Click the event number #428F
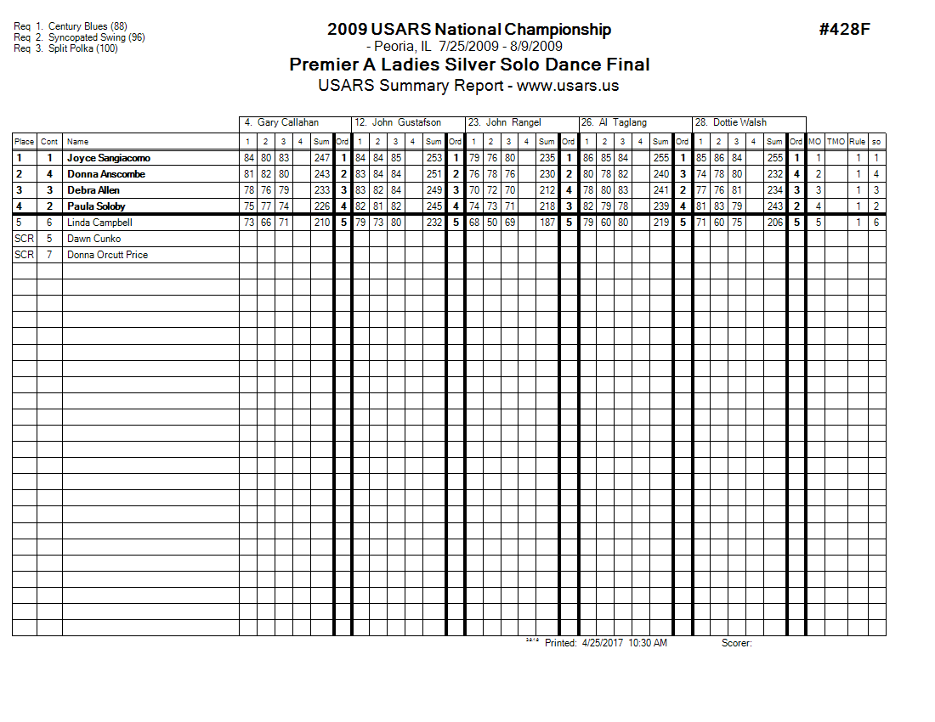[844, 30]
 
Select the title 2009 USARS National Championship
[468, 30]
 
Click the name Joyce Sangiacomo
[109, 158]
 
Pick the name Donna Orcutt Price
[107, 255]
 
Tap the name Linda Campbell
[99, 223]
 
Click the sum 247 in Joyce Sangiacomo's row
[321, 158]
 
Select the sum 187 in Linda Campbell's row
[547, 223]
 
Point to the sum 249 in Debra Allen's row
[433, 190]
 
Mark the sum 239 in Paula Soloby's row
[660, 206]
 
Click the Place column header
[24, 142]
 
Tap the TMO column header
[836, 142]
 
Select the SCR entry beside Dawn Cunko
[24, 239]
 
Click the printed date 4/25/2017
[603, 643]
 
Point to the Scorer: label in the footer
[736, 643]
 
